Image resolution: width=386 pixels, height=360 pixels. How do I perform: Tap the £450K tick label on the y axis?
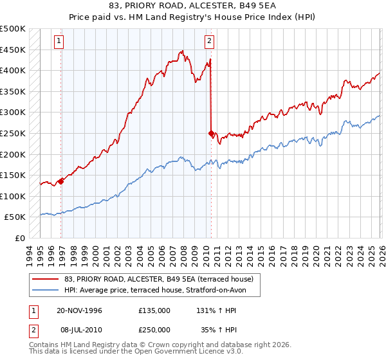coord(13,50)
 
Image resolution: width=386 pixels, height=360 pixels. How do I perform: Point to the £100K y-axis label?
coord(13,196)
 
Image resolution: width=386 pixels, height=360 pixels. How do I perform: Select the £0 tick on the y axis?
coord(21,238)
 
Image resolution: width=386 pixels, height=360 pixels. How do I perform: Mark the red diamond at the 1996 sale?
coord(61,181)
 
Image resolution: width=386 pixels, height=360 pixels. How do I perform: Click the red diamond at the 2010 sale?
coord(211,133)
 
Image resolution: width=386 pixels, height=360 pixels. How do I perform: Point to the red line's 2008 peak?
coord(182,51)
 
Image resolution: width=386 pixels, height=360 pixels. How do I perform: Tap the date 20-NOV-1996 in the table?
coord(79,310)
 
